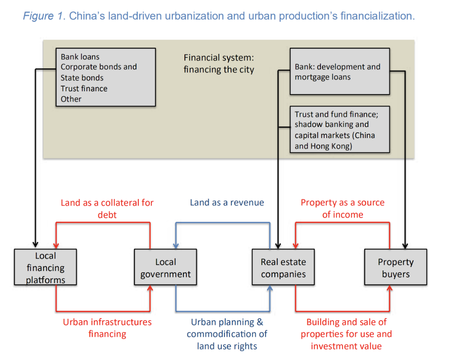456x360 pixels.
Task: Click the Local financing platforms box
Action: tap(45, 267)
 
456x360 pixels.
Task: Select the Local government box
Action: tap(165, 267)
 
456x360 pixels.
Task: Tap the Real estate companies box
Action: tap(283, 267)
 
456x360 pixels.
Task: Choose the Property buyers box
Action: tap(395, 267)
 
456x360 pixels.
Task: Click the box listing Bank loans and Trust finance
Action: tap(106, 78)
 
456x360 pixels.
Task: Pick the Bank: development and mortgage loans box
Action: tap(339, 72)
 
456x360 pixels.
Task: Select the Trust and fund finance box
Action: tap(339, 129)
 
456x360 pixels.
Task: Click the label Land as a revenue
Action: tap(227, 203)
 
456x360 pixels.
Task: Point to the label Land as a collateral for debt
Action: tap(107, 209)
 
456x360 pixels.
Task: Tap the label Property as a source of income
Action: tap(342, 209)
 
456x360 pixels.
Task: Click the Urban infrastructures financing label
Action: tap(107, 327)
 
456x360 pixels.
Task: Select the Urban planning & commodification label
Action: tap(227, 334)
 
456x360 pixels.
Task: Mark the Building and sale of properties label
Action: tap(346, 334)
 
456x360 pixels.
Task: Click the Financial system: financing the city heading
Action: tap(219, 64)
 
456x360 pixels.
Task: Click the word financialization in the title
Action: tap(377, 16)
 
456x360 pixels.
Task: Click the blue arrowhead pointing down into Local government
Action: tap(176, 245)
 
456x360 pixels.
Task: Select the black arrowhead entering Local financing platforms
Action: tap(35, 245)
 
